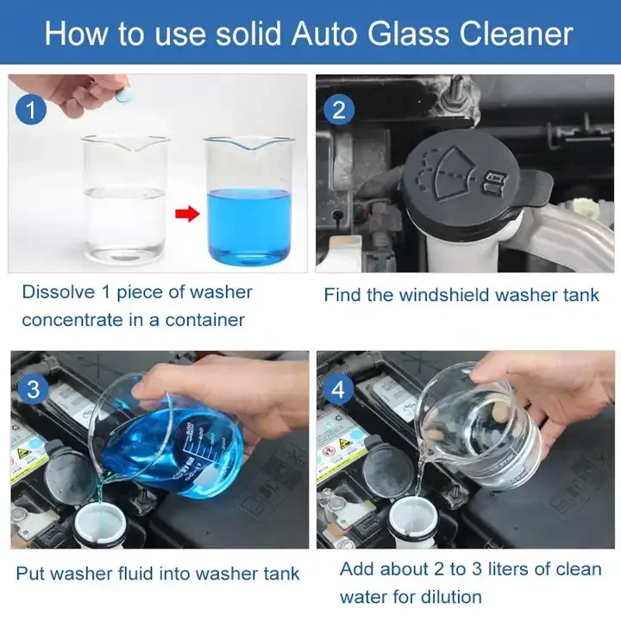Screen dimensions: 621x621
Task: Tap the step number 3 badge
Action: (x=33, y=389)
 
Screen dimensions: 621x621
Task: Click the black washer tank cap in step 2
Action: (x=470, y=185)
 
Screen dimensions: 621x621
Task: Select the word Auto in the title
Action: (x=327, y=34)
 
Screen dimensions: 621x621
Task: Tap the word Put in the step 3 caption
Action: (x=29, y=573)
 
